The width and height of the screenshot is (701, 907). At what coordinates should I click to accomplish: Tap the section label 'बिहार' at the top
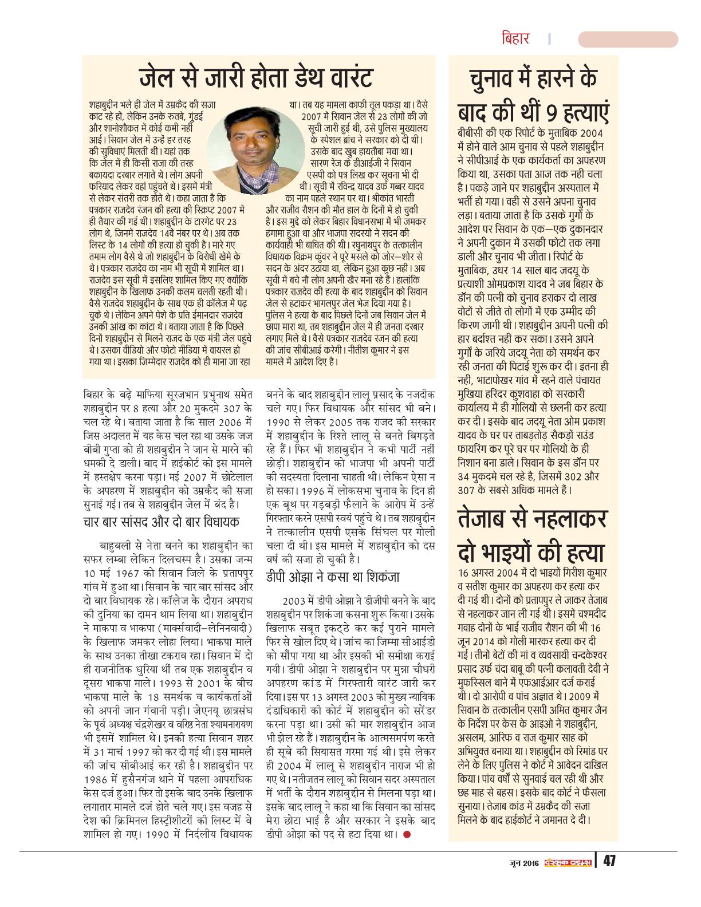coord(515,39)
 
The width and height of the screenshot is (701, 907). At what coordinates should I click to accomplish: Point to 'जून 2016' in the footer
coord(522,862)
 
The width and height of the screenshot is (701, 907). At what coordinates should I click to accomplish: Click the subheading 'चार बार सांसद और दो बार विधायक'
coord(162,522)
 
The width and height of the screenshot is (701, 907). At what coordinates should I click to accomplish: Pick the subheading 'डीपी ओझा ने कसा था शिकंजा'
coord(333,577)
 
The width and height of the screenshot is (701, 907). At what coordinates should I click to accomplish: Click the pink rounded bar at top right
coord(628,40)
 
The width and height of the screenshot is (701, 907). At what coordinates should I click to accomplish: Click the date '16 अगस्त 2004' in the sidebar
coord(490,572)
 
